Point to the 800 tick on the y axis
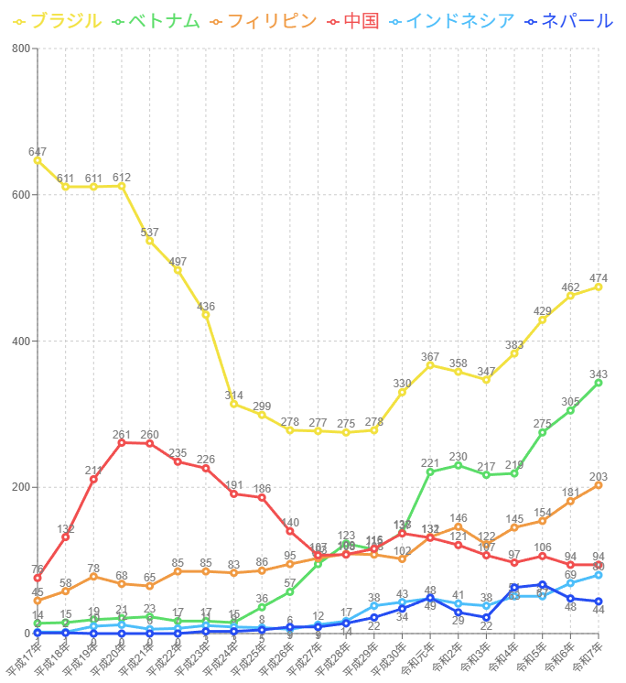pyautogui.click(x=20, y=49)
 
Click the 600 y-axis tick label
pyautogui.click(x=20, y=195)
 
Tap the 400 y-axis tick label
pyautogui.click(x=20, y=341)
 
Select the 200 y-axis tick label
pyautogui.click(x=20, y=487)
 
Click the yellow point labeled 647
pyautogui.click(x=38, y=160)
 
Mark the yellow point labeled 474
pyautogui.click(x=599, y=287)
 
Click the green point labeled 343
pyautogui.click(x=599, y=383)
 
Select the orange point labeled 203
pyautogui.click(x=599, y=485)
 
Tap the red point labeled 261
pyautogui.click(x=122, y=443)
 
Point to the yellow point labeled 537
pyautogui.click(x=150, y=241)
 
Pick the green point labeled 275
pyautogui.click(x=543, y=432)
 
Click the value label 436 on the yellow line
pyautogui.click(x=206, y=307)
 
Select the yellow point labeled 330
pyautogui.click(x=403, y=392)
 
